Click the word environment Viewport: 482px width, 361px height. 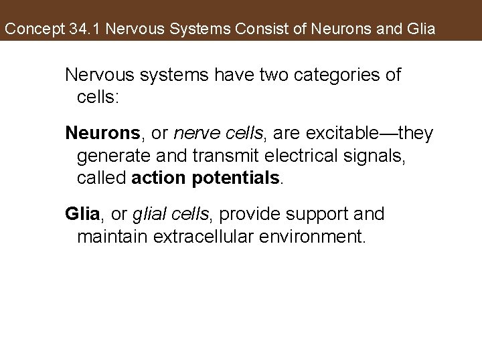317,237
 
